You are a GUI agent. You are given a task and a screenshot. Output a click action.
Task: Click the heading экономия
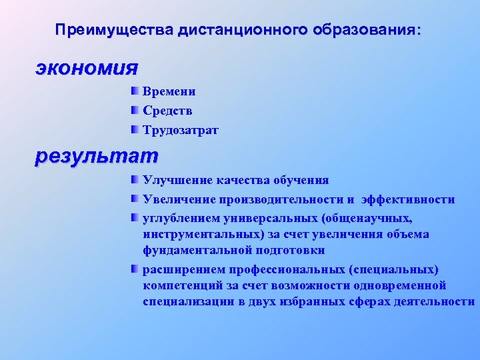coord(87,68)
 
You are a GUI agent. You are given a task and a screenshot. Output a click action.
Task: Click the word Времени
coord(169,92)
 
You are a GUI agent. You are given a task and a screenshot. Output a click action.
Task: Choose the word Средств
coord(167,111)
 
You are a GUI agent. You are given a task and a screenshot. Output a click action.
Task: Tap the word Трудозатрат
coord(180,131)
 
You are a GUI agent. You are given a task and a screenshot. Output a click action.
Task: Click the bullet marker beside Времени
coord(135,91)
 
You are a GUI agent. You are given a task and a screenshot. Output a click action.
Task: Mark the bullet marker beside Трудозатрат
coord(135,129)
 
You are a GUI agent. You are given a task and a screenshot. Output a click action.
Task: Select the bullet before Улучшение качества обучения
coord(135,179)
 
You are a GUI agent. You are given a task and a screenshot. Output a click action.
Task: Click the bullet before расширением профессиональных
coord(135,268)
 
